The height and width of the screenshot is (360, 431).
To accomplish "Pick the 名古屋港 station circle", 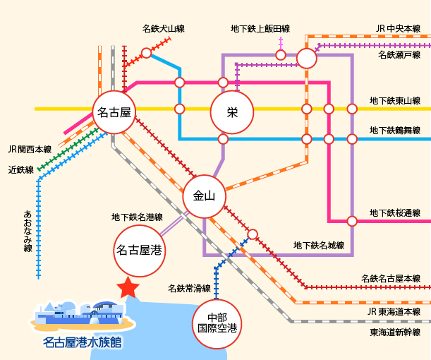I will (x=140, y=249).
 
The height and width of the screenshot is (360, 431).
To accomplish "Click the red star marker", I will (x=128, y=287).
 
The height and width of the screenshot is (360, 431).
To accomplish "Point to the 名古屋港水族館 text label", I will (x=82, y=344).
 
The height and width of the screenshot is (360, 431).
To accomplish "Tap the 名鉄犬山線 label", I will (x=163, y=29).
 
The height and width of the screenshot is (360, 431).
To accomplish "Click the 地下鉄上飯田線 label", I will (x=260, y=29).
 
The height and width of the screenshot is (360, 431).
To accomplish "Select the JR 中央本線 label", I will (x=398, y=29).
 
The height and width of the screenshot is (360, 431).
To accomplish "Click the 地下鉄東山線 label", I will (x=395, y=101).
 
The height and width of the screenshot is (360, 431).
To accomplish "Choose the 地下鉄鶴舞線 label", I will (x=395, y=130).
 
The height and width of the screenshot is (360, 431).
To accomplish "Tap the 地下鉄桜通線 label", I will (x=395, y=212).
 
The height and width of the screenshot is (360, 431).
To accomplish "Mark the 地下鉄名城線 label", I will (x=318, y=246).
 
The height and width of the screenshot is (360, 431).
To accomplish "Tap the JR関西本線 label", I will (x=30, y=149).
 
